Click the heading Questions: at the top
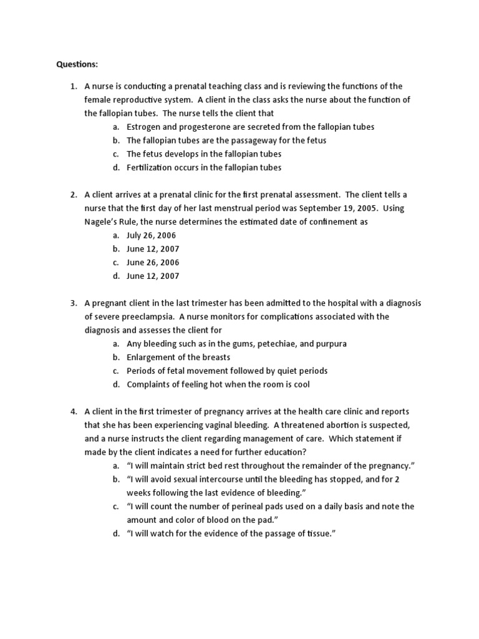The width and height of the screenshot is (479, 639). point(77,64)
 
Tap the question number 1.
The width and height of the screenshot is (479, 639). point(72,86)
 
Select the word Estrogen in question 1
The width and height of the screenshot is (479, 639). point(143,127)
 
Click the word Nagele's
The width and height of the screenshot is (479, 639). point(102,222)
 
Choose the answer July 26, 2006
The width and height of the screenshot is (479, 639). point(152,235)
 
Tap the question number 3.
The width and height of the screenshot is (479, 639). point(72,303)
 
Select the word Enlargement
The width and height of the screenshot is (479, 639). point(152,358)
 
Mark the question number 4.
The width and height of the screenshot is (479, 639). point(72,412)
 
